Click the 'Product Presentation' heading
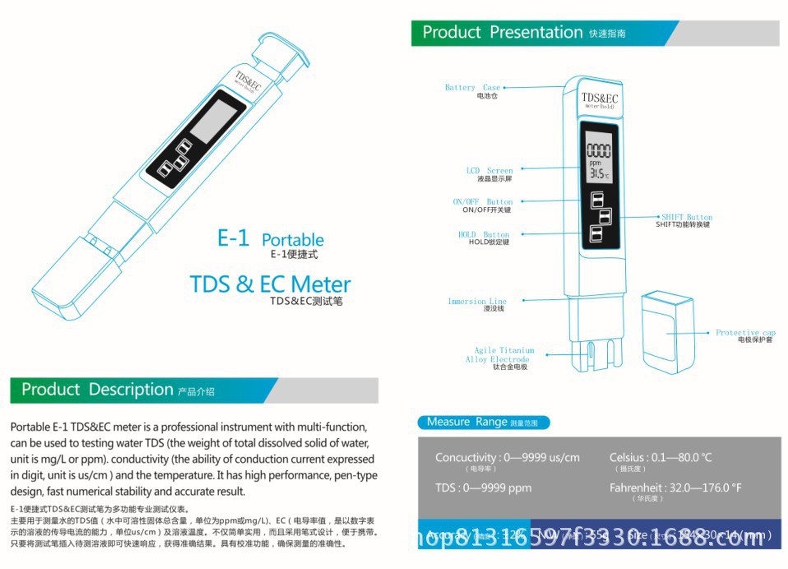[x=502, y=33]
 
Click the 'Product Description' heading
[x=97, y=390]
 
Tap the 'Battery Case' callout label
[x=472, y=87]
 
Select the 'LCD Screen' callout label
[x=489, y=171]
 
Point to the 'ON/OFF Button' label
[x=482, y=201]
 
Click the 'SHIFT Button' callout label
[x=687, y=217]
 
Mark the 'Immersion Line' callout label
[x=477, y=302]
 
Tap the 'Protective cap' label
[x=745, y=333]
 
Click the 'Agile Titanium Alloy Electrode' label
[x=498, y=355]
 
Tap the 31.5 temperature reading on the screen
[x=598, y=173]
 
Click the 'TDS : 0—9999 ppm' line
[x=484, y=488]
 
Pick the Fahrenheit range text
[x=675, y=488]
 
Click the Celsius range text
[x=661, y=457]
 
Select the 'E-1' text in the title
[x=233, y=238]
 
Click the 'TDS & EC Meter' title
[x=270, y=284]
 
